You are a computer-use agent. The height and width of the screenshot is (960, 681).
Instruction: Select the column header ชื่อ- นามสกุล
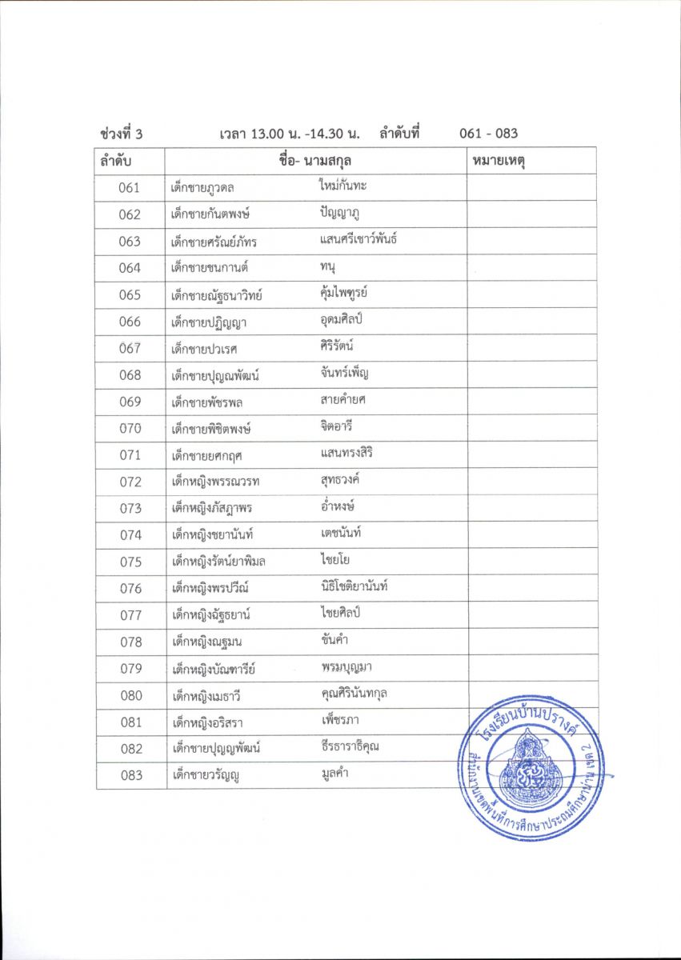pyautogui.click(x=316, y=161)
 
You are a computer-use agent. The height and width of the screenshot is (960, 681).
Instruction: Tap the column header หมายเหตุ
pyautogui.click(x=499, y=161)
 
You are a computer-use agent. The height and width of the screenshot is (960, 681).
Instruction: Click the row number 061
pyautogui.click(x=130, y=188)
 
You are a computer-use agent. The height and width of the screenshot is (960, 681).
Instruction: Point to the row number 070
pyautogui.click(x=130, y=428)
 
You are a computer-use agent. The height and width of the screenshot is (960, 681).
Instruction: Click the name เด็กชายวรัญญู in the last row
pyautogui.click(x=206, y=775)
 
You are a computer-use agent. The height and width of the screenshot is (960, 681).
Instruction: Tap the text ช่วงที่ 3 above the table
pyautogui.click(x=122, y=134)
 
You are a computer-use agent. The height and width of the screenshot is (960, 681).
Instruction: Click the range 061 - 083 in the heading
pyautogui.click(x=488, y=134)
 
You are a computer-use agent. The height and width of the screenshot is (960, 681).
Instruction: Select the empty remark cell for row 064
pyautogui.click(x=531, y=268)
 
